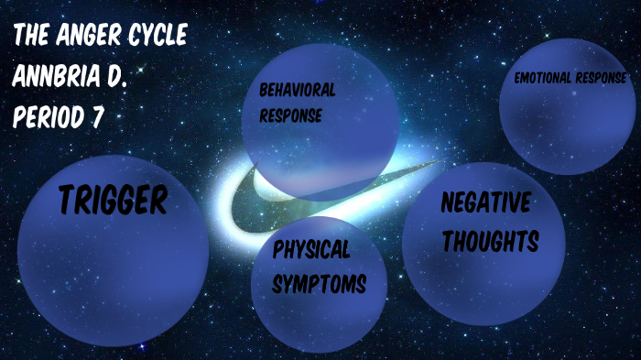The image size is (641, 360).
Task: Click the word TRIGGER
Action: point(113,200)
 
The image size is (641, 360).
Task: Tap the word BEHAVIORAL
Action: point(297,91)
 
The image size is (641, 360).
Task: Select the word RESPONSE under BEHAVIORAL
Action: point(290,116)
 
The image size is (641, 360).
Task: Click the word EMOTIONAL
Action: point(542,78)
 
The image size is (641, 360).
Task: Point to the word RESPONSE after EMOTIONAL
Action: point(600,78)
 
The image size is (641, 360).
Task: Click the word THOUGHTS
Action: point(488,241)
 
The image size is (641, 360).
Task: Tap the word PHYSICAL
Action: point(310,249)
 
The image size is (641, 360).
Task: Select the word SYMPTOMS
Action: point(320,284)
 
